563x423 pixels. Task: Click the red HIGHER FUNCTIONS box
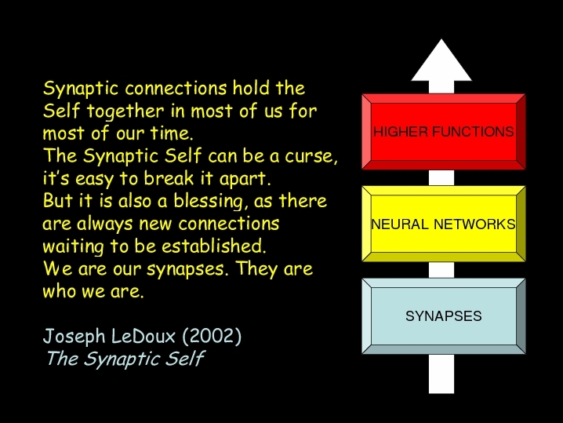[x=444, y=132]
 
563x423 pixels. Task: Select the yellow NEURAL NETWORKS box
[x=444, y=224]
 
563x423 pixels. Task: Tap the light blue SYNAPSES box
[x=444, y=316]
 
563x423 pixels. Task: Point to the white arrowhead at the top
[x=441, y=60]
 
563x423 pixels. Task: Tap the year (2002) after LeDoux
[x=212, y=337]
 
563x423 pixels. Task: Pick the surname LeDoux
[x=143, y=337]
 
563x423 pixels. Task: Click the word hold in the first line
[x=251, y=88]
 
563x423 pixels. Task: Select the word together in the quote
[x=125, y=111]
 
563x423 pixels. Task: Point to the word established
[x=214, y=246]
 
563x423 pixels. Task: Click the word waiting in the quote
[x=73, y=247]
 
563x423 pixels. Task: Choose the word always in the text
[x=104, y=224]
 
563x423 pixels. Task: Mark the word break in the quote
[x=169, y=178]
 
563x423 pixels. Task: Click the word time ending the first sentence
[x=172, y=133]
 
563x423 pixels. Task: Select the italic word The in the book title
[x=63, y=359]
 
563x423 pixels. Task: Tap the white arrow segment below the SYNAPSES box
[x=441, y=374]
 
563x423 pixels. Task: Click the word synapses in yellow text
[x=187, y=269]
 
